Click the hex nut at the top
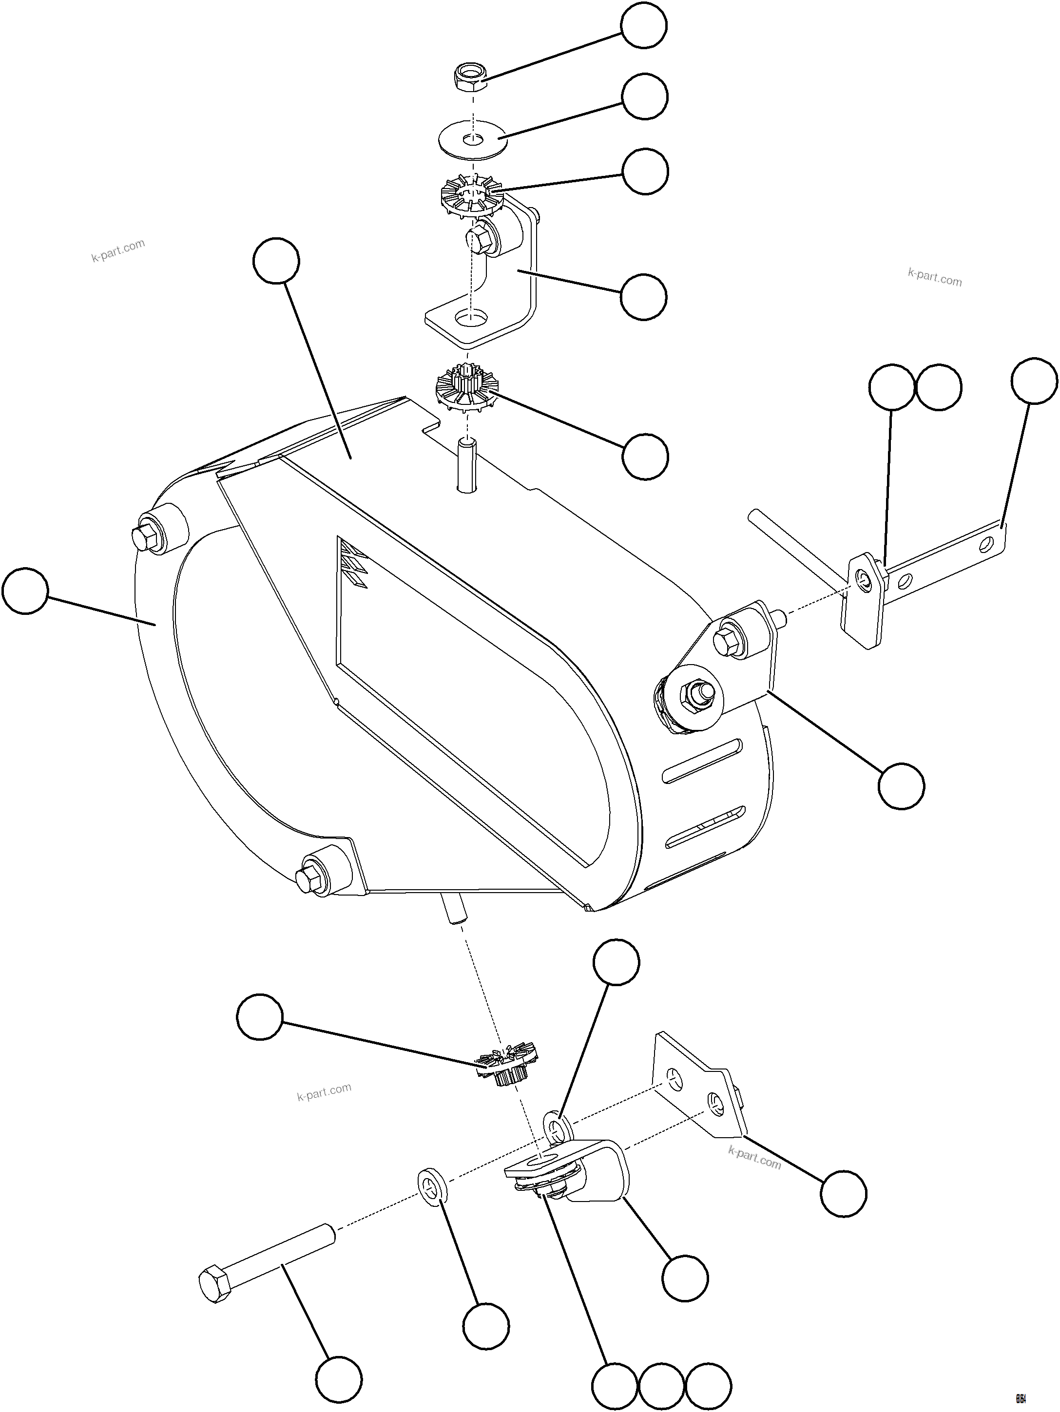pos(471,78)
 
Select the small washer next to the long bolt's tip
pos(432,1186)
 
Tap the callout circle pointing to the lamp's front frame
pos(25,591)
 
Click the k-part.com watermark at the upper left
pos(118,250)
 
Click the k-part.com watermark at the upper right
pos(934,277)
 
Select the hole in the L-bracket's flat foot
pos(471,316)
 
